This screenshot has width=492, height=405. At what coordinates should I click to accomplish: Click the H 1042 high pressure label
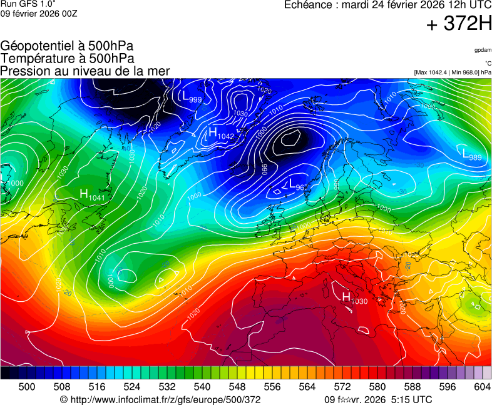[221, 134]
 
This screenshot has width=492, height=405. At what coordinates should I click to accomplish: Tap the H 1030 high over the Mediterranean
[354, 299]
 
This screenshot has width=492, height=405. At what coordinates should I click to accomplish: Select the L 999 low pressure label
[191, 97]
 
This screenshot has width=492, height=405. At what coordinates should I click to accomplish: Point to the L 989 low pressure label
[471, 154]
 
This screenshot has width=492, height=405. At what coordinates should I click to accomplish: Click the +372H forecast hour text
[459, 24]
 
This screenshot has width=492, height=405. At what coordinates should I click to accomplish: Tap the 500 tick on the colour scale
[27, 387]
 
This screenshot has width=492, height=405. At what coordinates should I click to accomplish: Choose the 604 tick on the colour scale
[482, 387]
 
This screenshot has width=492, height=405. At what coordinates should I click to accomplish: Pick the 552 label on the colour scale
[254, 387]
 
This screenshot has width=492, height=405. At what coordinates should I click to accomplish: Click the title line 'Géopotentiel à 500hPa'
[67, 46]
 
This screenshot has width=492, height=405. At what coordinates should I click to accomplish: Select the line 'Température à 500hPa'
[67, 58]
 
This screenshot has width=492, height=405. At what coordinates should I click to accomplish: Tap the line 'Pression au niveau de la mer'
[85, 71]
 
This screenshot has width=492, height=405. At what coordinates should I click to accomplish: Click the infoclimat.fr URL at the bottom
[160, 399]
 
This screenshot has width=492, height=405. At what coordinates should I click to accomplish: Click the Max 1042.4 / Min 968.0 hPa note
[452, 72]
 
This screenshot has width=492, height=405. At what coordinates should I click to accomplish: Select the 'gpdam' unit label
[482, 50]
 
